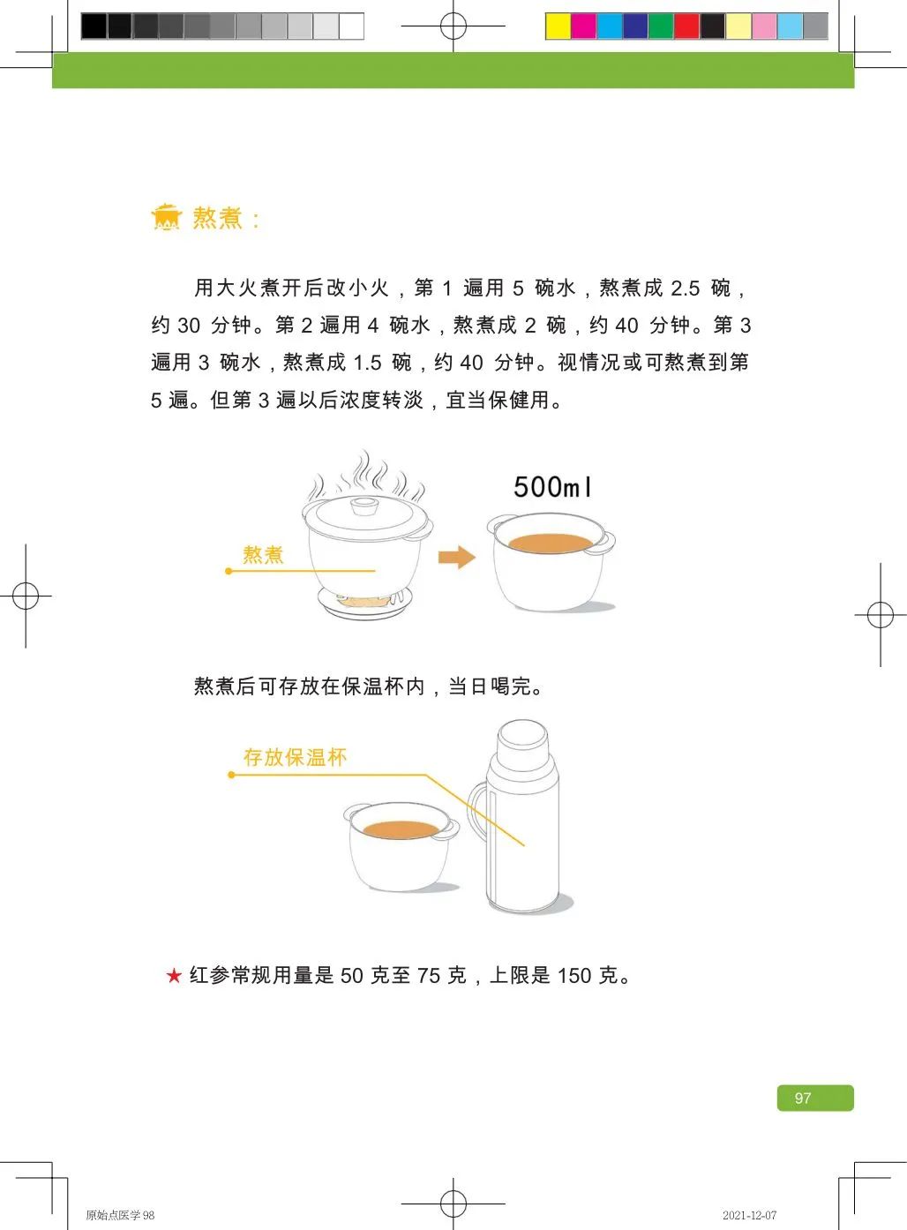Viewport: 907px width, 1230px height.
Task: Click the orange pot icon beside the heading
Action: pos(166,217)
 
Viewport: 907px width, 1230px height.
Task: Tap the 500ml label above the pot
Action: pos(552,486)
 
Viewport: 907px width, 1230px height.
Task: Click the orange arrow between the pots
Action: pos(456,557)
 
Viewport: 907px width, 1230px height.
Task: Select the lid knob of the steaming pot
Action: pos(364,506)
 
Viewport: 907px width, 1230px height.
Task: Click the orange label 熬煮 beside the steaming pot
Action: pos(263,555)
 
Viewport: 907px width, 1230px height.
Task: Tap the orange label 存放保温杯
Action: pos(295,757)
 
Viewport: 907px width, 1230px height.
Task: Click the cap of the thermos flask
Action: pos(522,741)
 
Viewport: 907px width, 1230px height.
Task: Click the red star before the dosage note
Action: pos(174,976)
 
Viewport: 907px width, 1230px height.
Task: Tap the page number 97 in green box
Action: pos(803,1099)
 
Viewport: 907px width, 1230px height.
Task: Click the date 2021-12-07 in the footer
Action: pos(749,1215)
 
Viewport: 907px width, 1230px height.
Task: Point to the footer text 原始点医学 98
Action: pos(120,1215)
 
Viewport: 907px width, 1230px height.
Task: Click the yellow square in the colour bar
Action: pos(558,26)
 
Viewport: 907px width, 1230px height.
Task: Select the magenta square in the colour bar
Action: pos(583,26)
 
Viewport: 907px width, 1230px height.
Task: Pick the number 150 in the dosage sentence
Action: pos(574,976)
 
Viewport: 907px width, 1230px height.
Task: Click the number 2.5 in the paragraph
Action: pos(685,289)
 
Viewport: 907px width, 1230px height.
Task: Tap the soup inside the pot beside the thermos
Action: pos(401,829)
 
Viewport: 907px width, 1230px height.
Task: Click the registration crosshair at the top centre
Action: pos(453,26)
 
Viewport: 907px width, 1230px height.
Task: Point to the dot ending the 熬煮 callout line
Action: pos(229,571)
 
